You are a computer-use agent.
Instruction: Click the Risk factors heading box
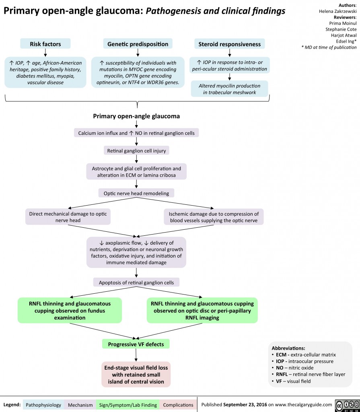point(45,44)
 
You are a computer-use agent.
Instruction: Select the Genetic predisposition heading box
point(138,44)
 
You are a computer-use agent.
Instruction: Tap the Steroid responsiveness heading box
point(229,44)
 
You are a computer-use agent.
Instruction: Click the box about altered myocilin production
point(229,89)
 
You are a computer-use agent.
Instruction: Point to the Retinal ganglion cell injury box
point(137,151)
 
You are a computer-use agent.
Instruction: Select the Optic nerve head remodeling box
point(136,193)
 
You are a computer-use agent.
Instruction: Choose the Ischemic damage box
point(214,217)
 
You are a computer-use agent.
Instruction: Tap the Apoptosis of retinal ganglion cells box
point(136,282)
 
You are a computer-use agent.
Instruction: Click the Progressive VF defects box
point(136,344)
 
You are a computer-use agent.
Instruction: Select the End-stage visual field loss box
point(136,375)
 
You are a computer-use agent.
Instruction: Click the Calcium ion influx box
point(136,133)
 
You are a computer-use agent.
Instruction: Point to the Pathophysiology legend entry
point(43,404)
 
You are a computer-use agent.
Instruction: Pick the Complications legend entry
point(178,404)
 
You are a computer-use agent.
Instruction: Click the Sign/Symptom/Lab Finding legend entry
point(128,404)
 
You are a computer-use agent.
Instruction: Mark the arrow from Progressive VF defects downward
point(136,354)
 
